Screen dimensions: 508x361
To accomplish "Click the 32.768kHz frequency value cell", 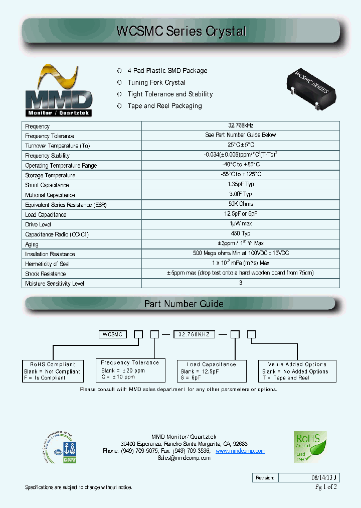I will coord(240,126).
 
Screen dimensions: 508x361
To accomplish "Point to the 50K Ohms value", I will coord(240,204).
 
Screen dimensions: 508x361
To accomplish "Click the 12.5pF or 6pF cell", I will coord(240,214).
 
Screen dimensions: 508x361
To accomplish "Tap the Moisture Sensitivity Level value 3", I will coord(240,283).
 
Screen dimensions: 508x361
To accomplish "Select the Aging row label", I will coord(32,244).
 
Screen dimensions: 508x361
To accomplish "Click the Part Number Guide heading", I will coord(184,304).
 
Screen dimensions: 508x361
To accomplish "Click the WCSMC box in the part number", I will coord(114,334).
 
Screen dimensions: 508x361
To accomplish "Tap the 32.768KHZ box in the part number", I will coord(197,334).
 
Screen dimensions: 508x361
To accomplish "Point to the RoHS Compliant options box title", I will coord(53,364).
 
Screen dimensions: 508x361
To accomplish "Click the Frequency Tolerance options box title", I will coord(130,362).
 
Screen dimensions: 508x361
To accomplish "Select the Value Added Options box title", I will coord(297,364).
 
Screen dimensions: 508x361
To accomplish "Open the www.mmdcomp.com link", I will coord(240,451).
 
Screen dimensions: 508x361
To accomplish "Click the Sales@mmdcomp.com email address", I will coord(184,458).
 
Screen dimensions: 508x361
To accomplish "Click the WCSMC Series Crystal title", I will coord(181,31).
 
